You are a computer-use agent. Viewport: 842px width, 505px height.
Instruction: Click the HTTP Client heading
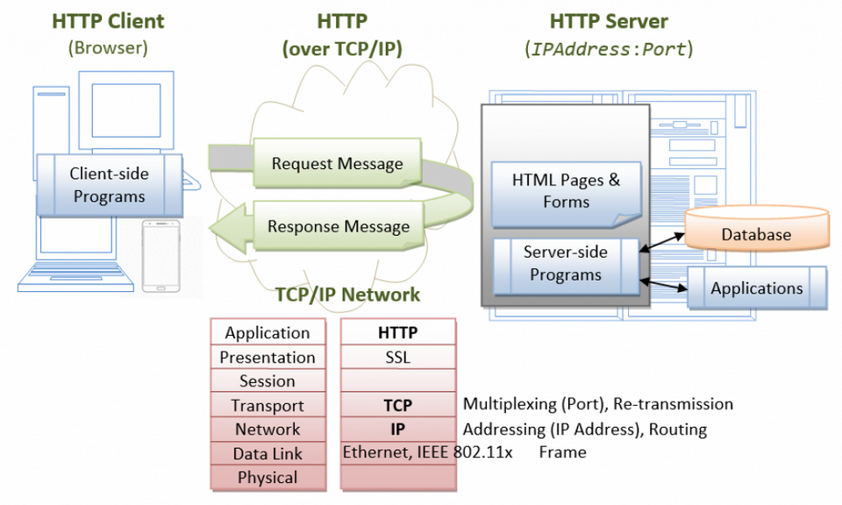point(108,20)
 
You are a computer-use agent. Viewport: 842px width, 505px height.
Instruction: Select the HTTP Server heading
point(609,20)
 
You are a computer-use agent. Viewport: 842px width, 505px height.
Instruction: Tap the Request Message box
point(338,164)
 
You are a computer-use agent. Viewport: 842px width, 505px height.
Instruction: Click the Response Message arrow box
point(338,226)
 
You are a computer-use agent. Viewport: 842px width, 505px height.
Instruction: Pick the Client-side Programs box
point(109,185)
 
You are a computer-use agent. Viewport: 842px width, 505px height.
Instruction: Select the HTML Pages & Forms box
point(566,191)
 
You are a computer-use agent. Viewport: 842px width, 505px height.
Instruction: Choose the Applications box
point(756,288)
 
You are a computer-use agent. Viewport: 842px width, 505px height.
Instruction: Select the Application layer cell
point(268,333)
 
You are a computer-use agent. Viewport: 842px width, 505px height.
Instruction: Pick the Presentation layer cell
point(268,358)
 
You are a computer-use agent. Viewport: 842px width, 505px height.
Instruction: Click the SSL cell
point(397,358)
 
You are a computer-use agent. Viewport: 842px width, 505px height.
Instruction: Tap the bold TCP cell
point(397,405)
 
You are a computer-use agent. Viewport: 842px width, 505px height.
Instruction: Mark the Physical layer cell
point(268,478)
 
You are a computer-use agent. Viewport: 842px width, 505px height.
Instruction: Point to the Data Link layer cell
point(268,453)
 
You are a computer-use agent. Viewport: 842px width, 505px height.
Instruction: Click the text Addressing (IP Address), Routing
point(584,430)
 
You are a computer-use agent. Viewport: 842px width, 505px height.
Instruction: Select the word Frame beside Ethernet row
point(562,452)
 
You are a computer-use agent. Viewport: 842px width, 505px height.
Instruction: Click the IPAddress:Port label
point(609,49)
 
